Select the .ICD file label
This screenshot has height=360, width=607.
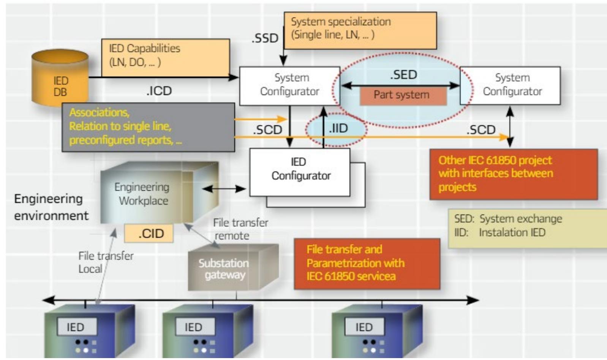pyautogui.click(x=159, y=91)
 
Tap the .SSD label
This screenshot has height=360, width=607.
pyautogui.click(x=265, y=38)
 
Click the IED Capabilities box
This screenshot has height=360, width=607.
pyautogui.click(x=166, y=57)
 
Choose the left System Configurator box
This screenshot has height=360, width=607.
pyautogui.click(x=289, y=85)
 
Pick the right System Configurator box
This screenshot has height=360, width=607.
pyautogui.click(x=510, y=85)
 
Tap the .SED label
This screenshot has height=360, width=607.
pyautogui.click(x=403, y=75)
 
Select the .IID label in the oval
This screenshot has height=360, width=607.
pyautogui.click(x=338, y=129)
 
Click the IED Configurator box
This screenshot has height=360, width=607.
pyautogui.click(x=300, y=172)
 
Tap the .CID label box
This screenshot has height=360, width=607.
pyautogui.click(x=149, y=233)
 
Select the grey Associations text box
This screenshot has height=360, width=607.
pyautogui.click(x=148, y=127)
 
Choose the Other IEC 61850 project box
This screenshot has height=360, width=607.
pyautogui.click(x=513, y=174)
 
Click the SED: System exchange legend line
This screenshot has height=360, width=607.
pyautogui.click(x=508, y=219)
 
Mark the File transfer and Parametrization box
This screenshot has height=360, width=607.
pyautogui.click(x=367, y=263)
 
